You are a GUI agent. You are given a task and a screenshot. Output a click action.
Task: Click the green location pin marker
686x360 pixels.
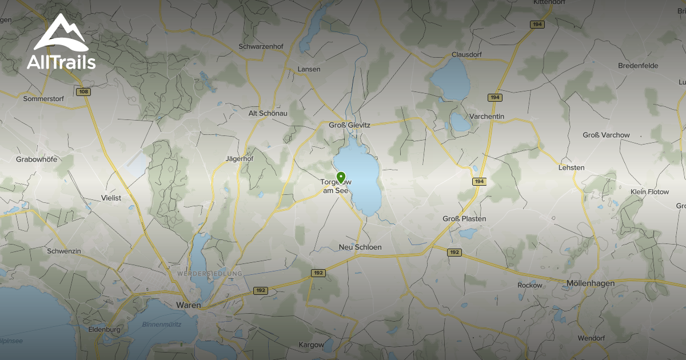tap(341, 177)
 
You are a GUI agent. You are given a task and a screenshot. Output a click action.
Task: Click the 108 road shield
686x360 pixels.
tap(83, 91)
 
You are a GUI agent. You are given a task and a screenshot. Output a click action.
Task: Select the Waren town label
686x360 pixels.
tap(189, 305)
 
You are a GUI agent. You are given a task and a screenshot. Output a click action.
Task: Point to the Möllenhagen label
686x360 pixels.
tap(591, 283)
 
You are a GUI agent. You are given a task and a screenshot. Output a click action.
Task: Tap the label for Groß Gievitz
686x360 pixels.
tap(349, 125)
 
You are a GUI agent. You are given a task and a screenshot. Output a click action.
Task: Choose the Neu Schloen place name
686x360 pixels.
tap(360, 247)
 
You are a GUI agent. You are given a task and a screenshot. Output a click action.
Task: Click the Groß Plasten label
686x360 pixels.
tap(464, 219)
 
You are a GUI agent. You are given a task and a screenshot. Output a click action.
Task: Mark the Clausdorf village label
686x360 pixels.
tap(466, 55)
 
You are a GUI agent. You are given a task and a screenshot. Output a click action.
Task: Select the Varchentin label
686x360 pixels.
tap(486, 117)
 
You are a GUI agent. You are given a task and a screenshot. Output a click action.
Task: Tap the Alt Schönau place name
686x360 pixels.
tap(268, 113)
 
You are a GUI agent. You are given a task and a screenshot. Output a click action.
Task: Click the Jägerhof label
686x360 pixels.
tap(240, 159)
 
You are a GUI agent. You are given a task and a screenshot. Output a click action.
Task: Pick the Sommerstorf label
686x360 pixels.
tap(43, 99)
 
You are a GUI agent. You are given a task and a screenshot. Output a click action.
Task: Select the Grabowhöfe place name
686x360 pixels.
tap(37, 159)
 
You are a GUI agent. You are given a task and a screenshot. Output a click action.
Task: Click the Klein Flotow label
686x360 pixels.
tap(649, 192)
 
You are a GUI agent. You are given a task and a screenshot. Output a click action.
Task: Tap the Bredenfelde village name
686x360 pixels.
tap(638, 66)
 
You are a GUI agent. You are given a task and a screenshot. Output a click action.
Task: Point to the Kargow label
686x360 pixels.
tap(312, 345)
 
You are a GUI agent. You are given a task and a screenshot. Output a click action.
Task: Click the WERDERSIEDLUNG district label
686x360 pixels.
tap(209, 274)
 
